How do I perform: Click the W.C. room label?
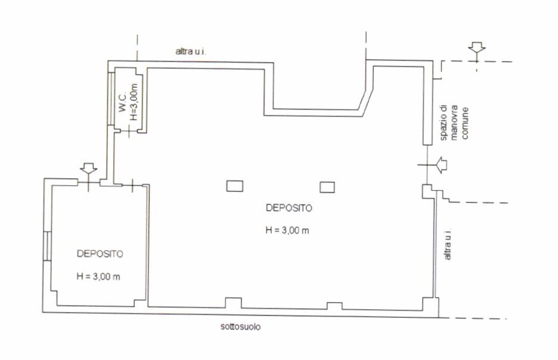(123, 103)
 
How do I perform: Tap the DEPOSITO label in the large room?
(289, 208)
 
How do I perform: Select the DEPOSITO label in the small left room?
(100, 254)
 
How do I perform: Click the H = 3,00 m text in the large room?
(287, 230)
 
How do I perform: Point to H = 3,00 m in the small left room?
(98, 277)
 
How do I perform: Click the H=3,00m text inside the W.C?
(134, 102)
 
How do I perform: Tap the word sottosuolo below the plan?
(241, 327)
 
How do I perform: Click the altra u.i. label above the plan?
(191, 52)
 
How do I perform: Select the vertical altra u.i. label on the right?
(447, 244)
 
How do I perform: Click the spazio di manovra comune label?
(454, 123)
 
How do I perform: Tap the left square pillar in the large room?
(235, 186)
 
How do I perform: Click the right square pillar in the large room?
(327, 187)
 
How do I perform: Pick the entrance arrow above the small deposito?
(89, 169)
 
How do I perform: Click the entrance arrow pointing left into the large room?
(441, 165)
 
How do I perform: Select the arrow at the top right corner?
(476, 48)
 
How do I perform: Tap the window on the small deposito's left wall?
(47, 246)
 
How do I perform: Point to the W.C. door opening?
(129, 132)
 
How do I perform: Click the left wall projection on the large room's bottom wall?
(234, 303)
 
